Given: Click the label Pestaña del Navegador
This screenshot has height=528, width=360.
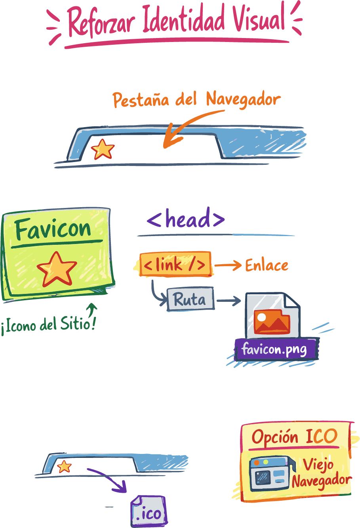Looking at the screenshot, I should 196,100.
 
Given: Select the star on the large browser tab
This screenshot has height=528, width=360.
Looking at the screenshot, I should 103,149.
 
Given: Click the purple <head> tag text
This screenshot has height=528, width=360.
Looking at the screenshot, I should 185,219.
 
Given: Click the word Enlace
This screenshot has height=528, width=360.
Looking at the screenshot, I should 267,265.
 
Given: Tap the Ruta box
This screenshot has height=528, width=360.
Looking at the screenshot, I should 190,299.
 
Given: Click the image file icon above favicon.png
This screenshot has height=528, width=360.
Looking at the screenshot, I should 272,316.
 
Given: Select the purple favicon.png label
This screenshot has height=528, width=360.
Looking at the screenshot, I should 274,349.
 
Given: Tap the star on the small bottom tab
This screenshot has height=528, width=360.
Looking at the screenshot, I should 64,467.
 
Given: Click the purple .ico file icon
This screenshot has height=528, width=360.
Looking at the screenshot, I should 148,511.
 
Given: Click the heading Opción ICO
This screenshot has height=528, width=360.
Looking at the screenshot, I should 294,437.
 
